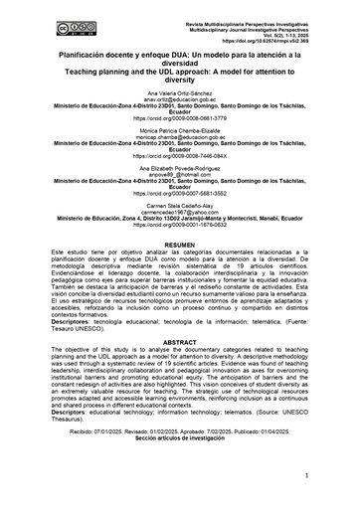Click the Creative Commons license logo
point(41,18)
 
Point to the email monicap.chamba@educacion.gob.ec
point(179,143)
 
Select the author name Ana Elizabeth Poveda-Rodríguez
point(179,177)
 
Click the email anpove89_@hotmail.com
point(179,184)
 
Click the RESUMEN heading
point(179,271)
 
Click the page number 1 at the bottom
point(310,476)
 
